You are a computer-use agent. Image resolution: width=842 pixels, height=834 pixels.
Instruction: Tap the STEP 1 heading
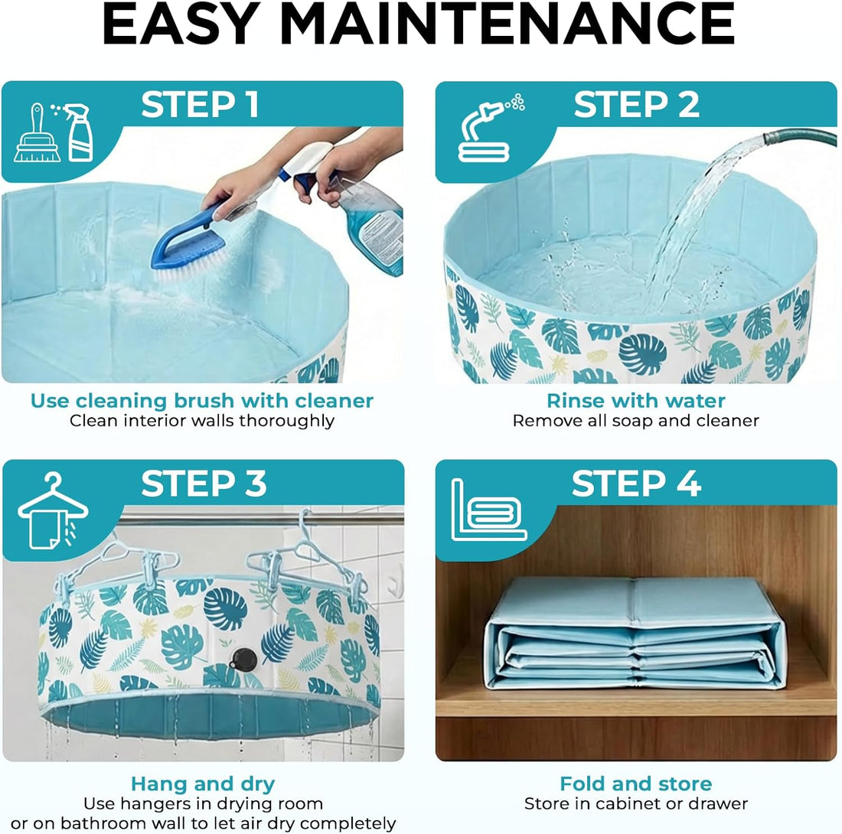(x=201, y=105)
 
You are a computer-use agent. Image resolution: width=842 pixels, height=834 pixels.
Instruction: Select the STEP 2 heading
(x=636, y=105)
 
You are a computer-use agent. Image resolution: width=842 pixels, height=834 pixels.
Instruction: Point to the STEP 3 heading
(x=204, y=484)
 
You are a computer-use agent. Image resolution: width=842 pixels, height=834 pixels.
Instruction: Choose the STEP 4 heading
(x=636, y=484)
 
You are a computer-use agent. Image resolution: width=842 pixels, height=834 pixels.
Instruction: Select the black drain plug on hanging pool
(x=244, y=659)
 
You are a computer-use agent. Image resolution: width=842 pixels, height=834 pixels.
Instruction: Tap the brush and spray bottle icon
(x=54, y=132)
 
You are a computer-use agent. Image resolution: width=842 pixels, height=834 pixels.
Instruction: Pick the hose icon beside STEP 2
(x=490, y=129)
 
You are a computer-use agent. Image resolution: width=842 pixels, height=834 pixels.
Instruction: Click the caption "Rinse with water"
(x=636, y=401)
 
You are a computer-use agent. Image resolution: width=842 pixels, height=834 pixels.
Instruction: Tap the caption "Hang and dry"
(x=203, y=784)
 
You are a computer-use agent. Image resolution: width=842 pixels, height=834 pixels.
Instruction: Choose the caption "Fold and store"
(x=636, y=784)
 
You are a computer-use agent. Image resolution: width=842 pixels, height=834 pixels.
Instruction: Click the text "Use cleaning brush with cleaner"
(x=202, y=401)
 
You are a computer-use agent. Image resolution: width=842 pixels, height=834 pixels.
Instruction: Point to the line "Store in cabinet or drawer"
(x=636, y=804)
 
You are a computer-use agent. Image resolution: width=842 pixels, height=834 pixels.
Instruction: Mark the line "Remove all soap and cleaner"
(x=636, y=421)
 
